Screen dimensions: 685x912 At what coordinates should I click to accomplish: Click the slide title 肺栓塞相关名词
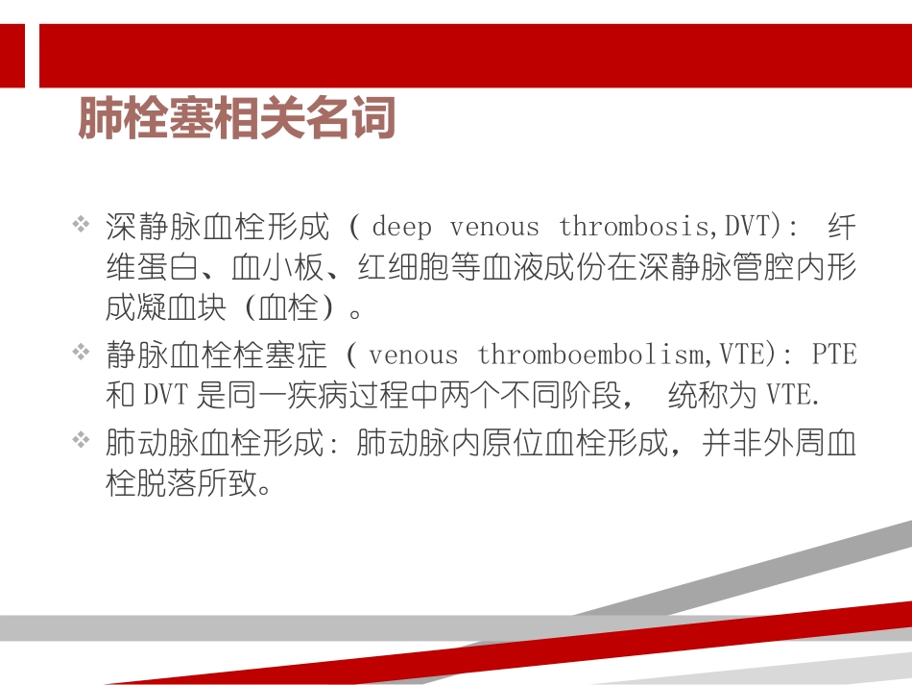(236, 118)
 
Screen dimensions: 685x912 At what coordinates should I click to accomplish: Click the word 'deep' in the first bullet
(401, 228)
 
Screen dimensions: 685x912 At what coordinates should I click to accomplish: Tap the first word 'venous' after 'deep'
(494, 228)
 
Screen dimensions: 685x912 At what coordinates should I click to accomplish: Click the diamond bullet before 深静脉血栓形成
(82, 226)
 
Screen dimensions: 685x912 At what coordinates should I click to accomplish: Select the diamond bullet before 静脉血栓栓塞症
(82, 354)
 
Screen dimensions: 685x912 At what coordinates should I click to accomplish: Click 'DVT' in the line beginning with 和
(167, 396)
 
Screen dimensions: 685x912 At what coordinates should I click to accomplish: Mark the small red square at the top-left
(12, 56)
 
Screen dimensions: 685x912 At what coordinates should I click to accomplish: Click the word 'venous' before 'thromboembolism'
(414, 355)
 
